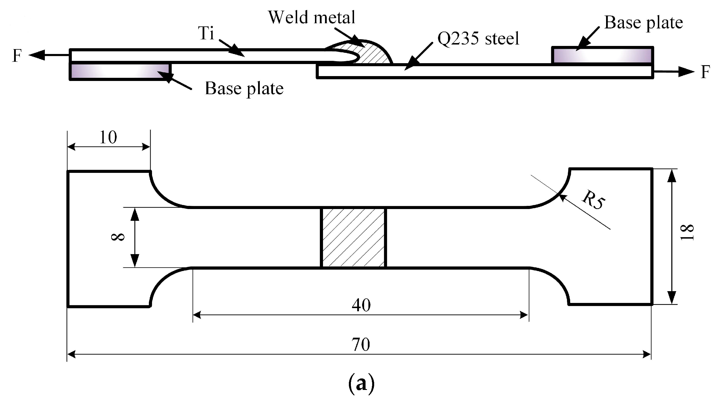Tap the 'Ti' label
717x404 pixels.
coord(206,33)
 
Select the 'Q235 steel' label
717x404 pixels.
coord(478,38)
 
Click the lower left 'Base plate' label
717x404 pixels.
coord(244,88)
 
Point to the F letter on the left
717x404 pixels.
coord(17,56)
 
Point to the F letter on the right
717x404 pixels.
coord(705,72)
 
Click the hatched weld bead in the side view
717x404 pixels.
coord(374,55)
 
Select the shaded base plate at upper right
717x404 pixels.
coord(602,55)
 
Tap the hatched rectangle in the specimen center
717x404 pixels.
coord(353,237)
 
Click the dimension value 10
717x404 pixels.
coord(108,138)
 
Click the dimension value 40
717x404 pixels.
coord(361,305)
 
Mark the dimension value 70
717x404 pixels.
coord(361,345)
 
